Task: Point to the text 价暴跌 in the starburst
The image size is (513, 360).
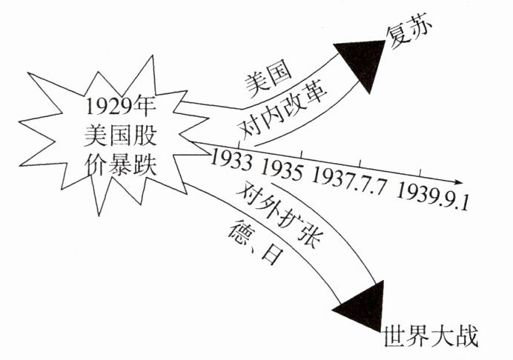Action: coord(119,164)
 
